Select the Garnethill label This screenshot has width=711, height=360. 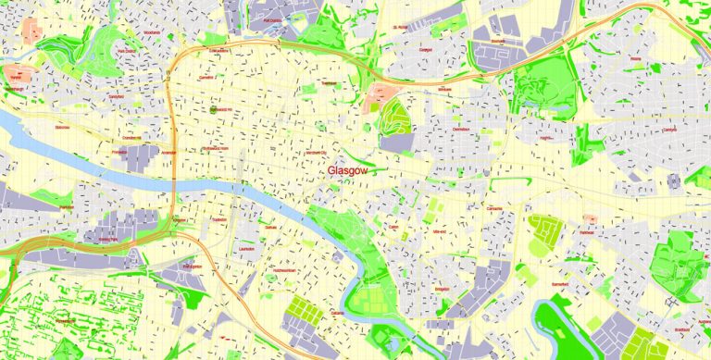pos(206,77)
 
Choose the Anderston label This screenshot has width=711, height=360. pos(168,154)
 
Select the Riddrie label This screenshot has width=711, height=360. pos(635,57)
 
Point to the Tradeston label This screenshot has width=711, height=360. pos(218,219)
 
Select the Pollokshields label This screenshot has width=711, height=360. pos(67,319)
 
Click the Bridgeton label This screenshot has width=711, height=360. pos(436,276)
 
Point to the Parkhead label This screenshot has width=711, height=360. pos(585,232)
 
